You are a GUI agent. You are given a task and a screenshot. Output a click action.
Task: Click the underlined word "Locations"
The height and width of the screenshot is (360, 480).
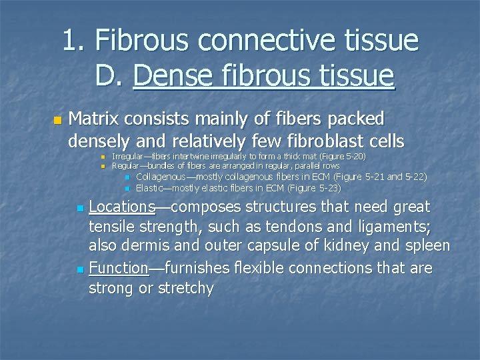tap(122, 207)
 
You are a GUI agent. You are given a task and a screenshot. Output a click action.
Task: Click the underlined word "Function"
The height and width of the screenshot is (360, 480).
tap(119, 268)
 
